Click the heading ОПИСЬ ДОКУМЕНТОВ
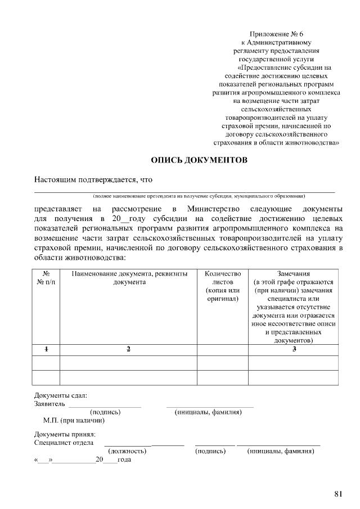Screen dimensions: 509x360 199,161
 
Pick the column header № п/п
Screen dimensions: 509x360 46,278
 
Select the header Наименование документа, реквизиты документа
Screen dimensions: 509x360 129,278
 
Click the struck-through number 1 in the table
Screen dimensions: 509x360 46,350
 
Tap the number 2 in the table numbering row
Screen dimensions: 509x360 128,350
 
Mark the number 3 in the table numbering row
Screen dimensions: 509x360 294,350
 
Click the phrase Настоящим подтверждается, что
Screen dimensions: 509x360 93,180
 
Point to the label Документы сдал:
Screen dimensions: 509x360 61,395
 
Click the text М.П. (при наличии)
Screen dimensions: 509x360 74,420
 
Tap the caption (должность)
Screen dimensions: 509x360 128,451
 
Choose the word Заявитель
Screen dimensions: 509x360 49,404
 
